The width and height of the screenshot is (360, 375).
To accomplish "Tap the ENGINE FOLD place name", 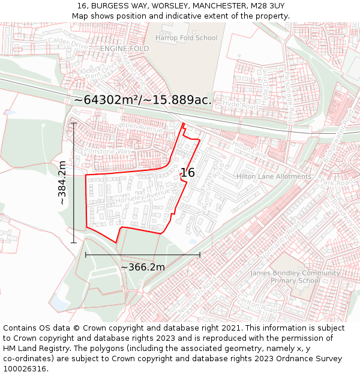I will click(124, 48).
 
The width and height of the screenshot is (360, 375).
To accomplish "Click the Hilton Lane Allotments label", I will click(274, 176).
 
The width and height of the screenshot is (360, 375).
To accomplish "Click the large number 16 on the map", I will click(187, 173).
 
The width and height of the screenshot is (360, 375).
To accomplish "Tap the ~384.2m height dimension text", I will click(62, 183).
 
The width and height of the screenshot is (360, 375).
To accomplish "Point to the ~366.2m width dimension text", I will click(143, 267).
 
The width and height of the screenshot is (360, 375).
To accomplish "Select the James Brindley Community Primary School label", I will click(295, 277).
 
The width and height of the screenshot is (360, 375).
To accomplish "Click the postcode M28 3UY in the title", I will click(266, 6).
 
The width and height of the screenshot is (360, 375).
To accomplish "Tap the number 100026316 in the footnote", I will click(26, 369).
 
